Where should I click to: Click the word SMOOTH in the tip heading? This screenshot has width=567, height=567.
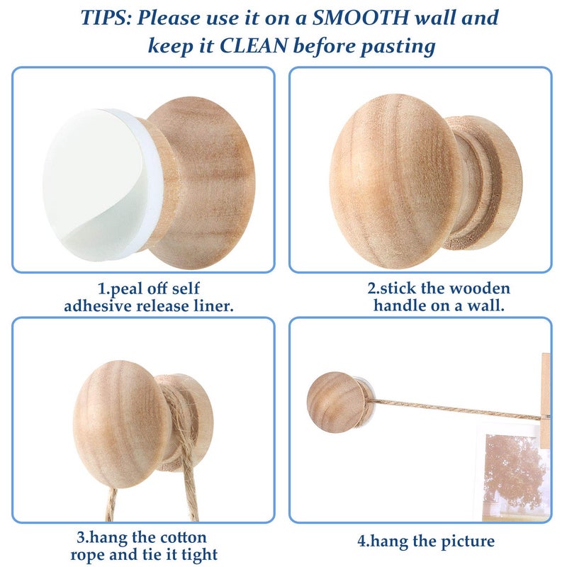361,17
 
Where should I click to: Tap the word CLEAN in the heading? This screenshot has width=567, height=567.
254,46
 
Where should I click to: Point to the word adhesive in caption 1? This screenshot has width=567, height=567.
98,306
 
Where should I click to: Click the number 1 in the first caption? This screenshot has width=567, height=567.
101,288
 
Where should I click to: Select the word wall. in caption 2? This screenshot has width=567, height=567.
485,305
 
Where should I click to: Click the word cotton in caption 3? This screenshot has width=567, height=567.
184,537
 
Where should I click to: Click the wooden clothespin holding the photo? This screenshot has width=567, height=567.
545,400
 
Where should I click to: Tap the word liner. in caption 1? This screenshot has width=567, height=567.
214,306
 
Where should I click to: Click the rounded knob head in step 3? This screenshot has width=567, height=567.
121,424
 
